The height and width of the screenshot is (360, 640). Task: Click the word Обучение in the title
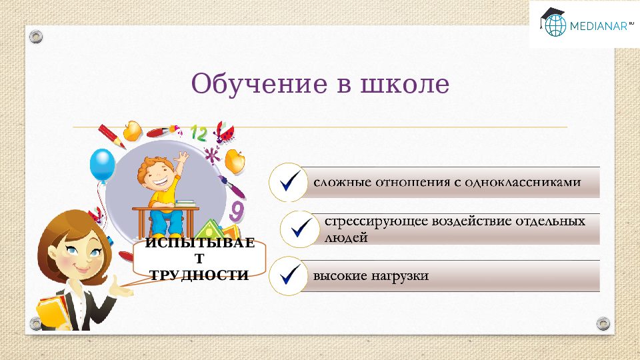pyautogui.click(x=251, y=85)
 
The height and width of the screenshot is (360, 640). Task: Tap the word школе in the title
pyautogui.click(x=405, y=85)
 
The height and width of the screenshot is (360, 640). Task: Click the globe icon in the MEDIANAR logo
pyautogui.click(x=555, y=25)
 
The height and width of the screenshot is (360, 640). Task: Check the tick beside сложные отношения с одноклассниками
pyautogui.click(x=288, y=182)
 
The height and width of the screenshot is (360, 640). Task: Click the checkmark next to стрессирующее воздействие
pyautogui.click(x=297, y=229)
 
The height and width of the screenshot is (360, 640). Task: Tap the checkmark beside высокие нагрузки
pyautogui.click(x=288, y=275)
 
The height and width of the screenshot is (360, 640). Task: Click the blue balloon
pyautogui.click(x=102, y=164)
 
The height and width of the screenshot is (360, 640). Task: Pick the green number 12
pyautogui.click(x=199, y=133)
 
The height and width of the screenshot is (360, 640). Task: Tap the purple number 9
pyautogui.click(x=237, y=212)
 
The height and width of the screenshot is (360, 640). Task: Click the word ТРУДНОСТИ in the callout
pyautogui.click(x=199, y=275)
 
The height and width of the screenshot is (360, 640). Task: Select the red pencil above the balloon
pyautogui.click(x=112, y=135)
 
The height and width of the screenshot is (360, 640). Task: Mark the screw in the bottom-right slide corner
pyautogui.click(x=603, y=323)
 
